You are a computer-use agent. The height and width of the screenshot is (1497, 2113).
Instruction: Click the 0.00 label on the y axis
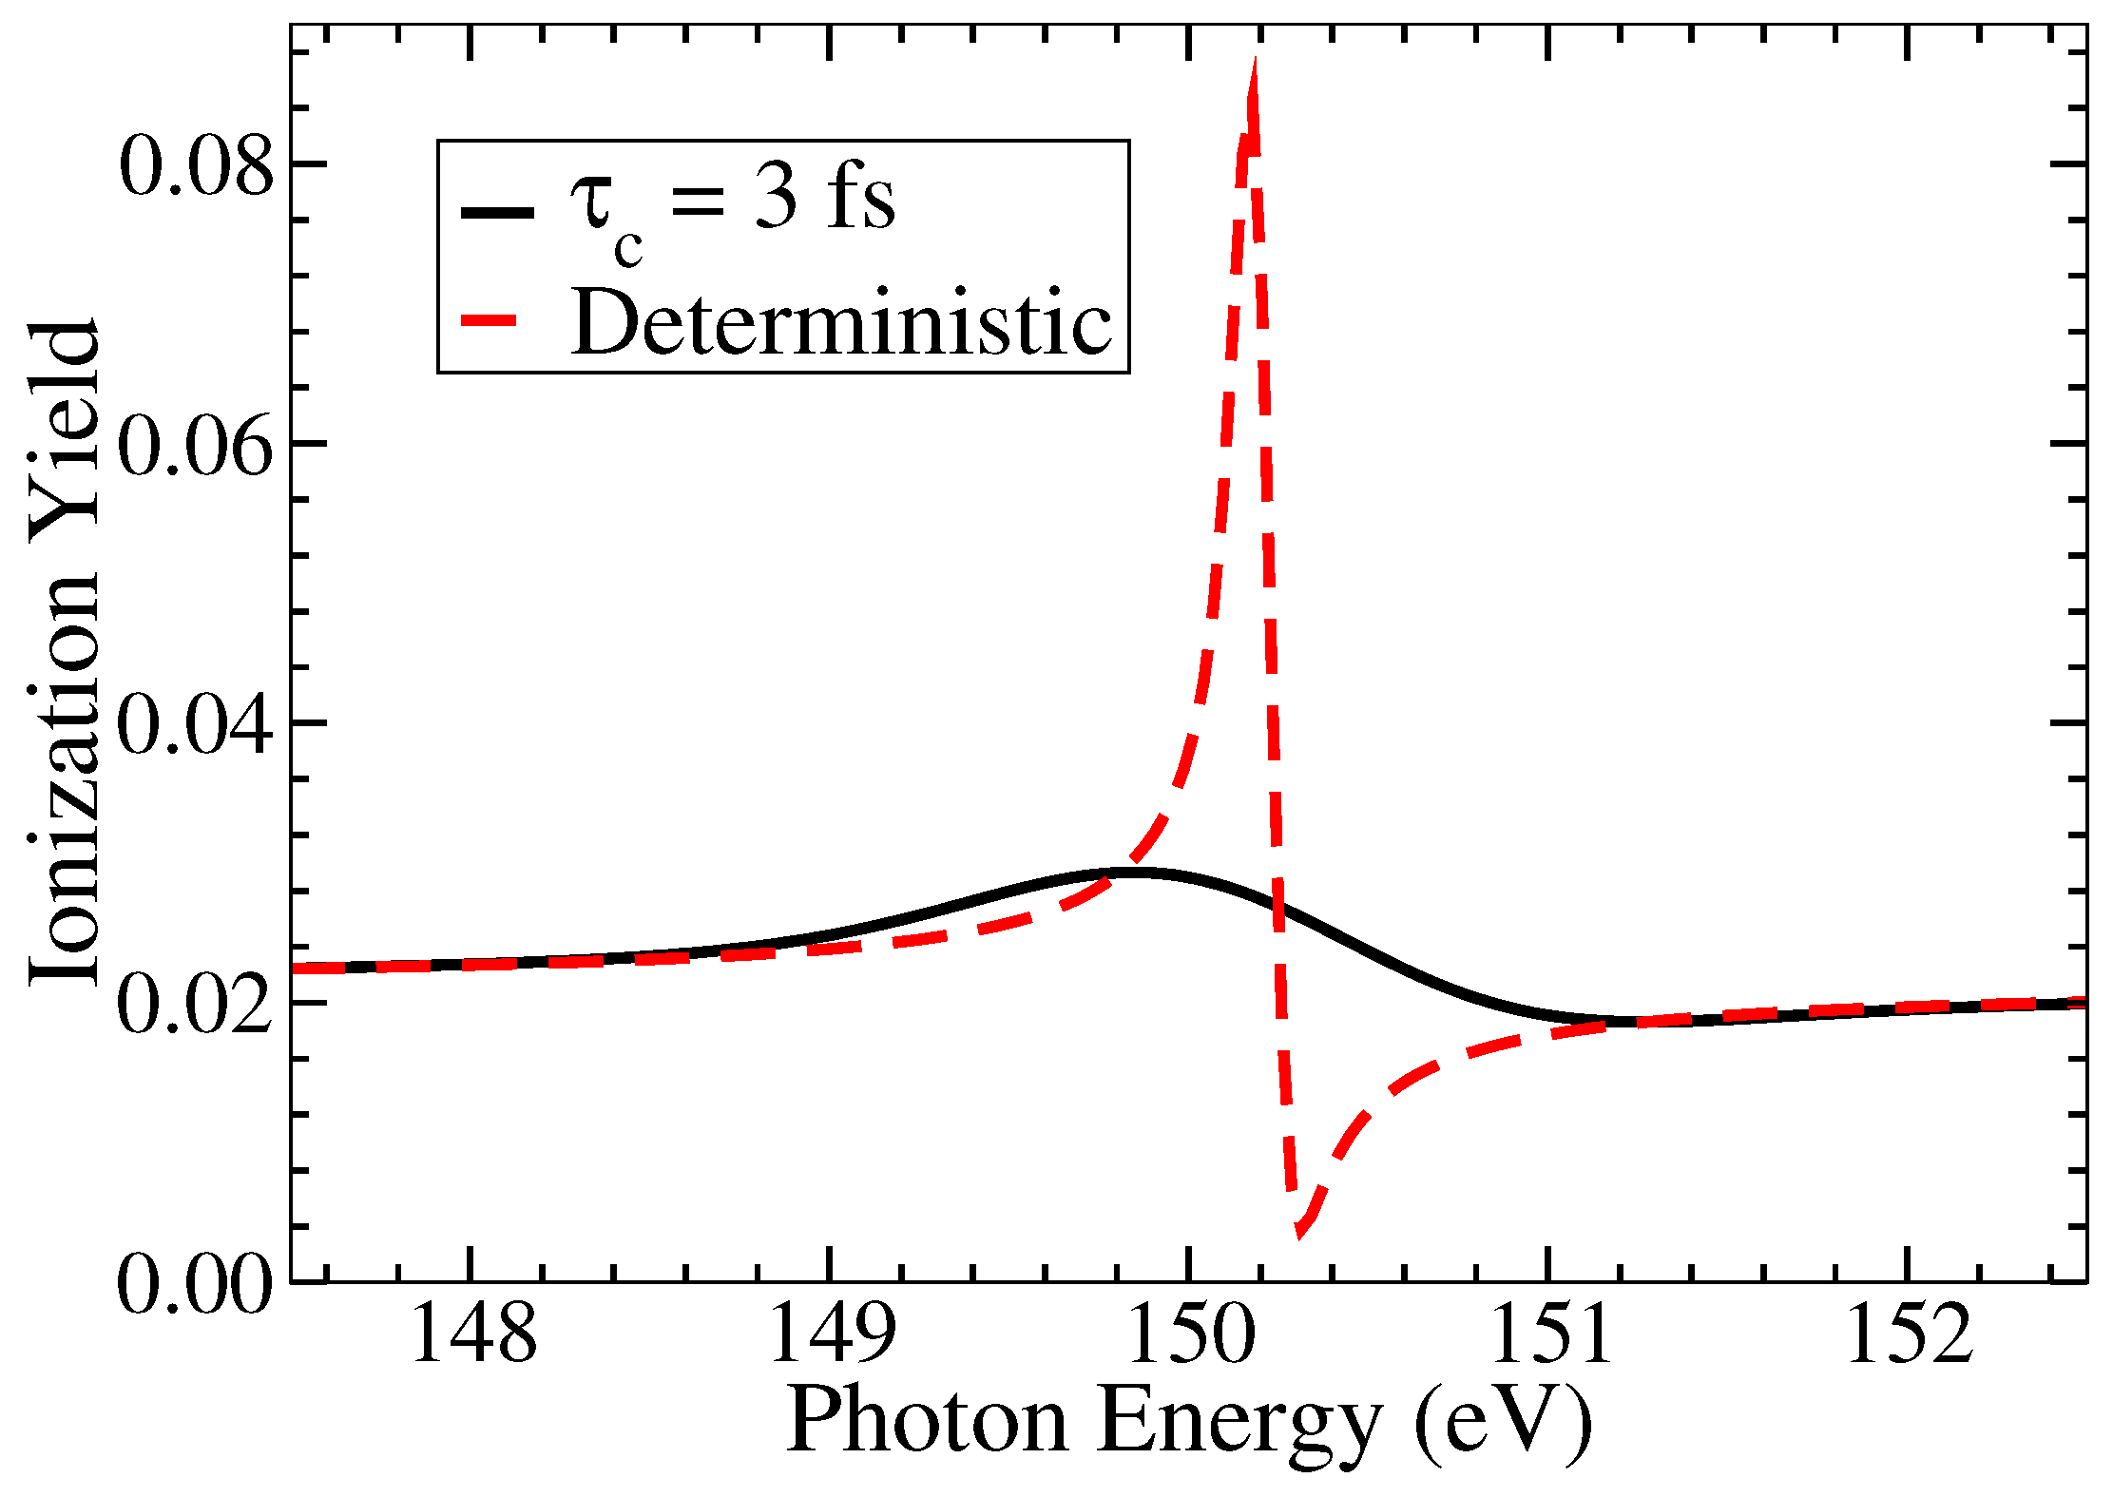pos(195,1283)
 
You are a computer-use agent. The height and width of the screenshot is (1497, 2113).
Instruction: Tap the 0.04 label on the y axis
pos(195,724)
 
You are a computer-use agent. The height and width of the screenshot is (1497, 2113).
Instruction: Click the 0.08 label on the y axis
pos(195,165)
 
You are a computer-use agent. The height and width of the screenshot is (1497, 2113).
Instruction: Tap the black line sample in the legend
pos(497,212)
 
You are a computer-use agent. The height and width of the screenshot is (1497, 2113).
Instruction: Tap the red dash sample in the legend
pos(489,321)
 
